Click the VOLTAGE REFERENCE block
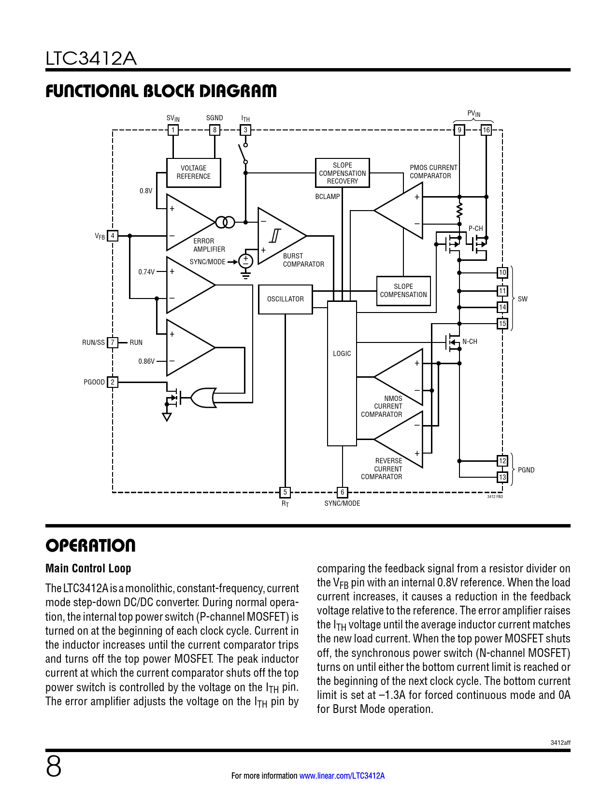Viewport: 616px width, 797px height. [193, 172]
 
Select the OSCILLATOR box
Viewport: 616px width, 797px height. [285, 299]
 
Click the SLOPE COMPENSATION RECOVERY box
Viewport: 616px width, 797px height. [342, 173]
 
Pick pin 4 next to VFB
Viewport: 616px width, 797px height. [113, 236]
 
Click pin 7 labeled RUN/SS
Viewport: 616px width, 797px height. [113, 342]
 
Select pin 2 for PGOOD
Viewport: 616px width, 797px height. [113, 382]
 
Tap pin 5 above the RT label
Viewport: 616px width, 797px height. [285, 492]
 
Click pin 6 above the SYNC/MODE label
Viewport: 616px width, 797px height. [342, 492]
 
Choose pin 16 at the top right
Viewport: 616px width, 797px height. [486, 130]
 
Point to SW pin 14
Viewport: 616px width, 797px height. [502, 307]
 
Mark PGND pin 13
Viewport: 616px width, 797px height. [502, 477]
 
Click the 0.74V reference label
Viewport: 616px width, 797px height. [146, 272]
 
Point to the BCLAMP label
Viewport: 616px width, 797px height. [327, 197]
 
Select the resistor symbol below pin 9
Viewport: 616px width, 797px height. [459, 211]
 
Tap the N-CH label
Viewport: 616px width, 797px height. [470, 342]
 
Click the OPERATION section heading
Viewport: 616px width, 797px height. [90, 546]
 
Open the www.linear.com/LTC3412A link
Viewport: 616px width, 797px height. [342, 776]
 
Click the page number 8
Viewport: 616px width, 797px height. [54, 767]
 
